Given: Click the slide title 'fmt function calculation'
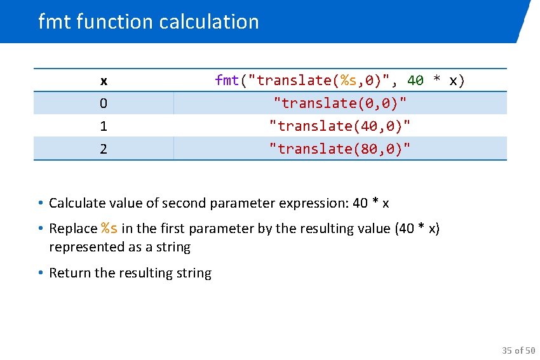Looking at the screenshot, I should click(149, 22).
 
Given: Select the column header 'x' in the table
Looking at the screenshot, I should click(104, 81).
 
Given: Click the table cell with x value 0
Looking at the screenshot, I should click(104, 103).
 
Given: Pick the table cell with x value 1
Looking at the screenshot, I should click(104, 126).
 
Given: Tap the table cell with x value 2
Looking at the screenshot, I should click(104, 149).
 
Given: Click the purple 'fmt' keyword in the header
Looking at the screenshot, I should click(227, 80).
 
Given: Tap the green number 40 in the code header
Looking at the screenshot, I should click(415, 80).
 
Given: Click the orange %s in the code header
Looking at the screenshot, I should click(349, 80).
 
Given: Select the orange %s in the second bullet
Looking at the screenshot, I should click(109, 228).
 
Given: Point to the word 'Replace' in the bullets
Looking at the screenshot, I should click(72, 229).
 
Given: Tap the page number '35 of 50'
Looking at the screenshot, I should click(518, 350).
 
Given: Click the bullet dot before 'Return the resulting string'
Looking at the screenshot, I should click(39, 273).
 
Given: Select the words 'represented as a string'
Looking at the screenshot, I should click(119, 247).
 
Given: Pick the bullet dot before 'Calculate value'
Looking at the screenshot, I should click(39, 203).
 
